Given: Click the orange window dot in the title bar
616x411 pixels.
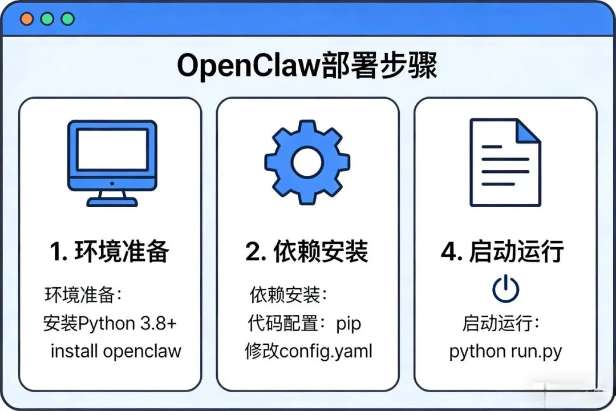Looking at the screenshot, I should [26, 19].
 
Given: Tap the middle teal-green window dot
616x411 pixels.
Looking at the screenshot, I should [47, 19].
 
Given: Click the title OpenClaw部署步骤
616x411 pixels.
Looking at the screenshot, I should [307, 66].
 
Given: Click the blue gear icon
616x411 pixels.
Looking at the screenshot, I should [307, 163].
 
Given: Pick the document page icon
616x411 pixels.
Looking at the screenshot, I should [505, 163].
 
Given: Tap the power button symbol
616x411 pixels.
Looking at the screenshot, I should [505, 290].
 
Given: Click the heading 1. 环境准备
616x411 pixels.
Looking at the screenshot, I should [110, 252].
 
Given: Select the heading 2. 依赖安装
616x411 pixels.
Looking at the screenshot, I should [307, 252].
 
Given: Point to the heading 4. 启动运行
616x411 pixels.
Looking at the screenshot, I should [502, 252].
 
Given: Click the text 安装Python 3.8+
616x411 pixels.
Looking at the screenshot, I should [110, 324].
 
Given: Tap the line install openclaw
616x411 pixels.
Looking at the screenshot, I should [116, 350].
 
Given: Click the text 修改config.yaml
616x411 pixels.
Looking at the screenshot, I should [308, 350].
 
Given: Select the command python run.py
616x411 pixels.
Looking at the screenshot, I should [505, 350].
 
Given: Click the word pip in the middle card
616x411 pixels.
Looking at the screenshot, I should [348, 324].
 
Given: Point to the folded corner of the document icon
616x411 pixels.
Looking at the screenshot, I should [528, 131].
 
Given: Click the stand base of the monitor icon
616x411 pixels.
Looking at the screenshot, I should [112, 202].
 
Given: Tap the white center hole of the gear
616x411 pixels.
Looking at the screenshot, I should [307, 163].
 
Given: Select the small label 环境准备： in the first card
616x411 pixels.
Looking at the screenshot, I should [84, 296].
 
